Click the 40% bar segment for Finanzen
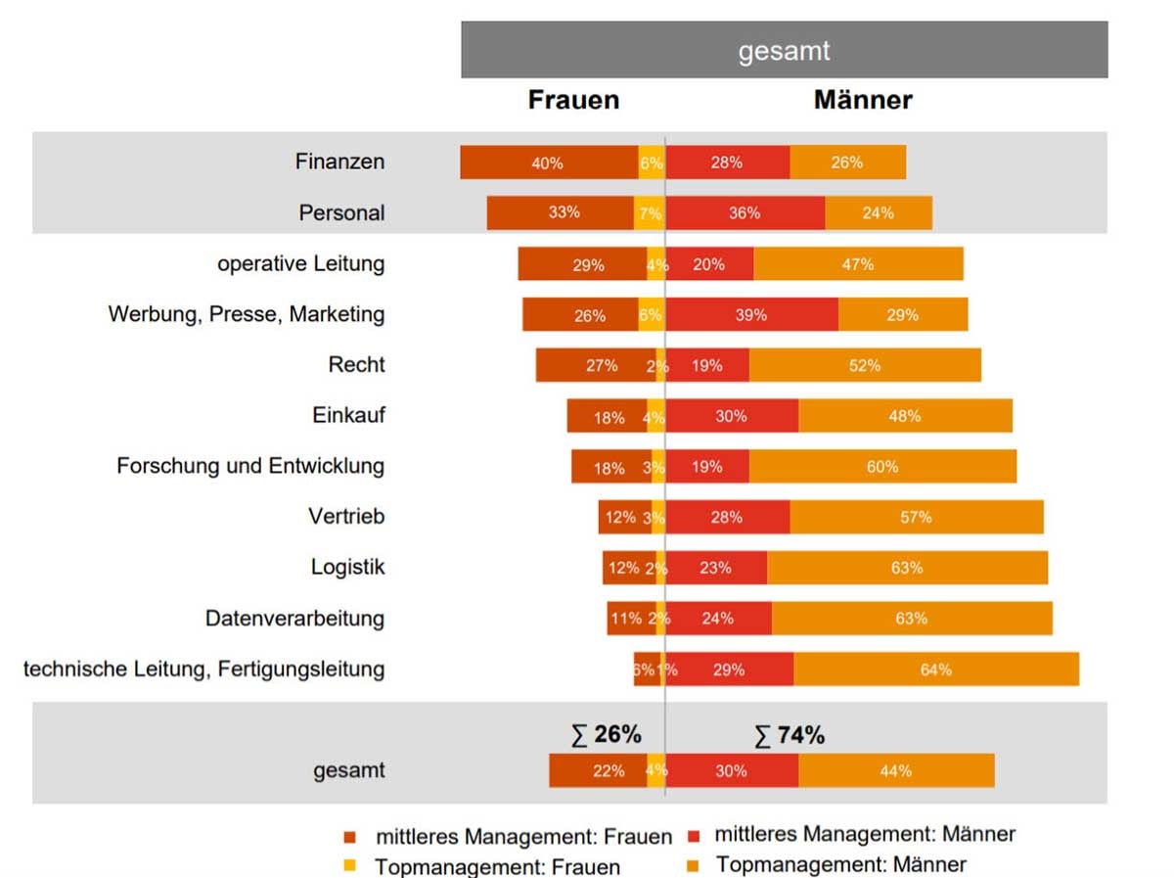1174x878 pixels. (548, 162)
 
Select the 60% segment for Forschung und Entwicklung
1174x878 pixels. (882, 467)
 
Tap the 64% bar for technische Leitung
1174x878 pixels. (935, 670)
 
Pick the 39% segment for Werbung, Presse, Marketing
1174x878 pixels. (751, 315)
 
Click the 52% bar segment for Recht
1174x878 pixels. (865, 365)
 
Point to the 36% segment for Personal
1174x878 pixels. (745, 213)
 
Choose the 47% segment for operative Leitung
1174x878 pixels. (858, 264)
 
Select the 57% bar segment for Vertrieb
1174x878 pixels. (916, 518)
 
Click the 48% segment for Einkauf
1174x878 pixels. (905, 416)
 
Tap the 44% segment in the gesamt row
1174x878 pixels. (896, 770)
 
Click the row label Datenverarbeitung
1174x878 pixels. (294, 619)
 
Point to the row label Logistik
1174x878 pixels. (347, 568)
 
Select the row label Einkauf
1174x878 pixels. (348, 415)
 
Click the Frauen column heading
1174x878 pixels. (573, 100)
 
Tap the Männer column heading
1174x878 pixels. (863, 100)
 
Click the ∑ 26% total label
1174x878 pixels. (606, 734)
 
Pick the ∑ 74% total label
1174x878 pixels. (789, 734)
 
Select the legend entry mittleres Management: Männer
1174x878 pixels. (865, 835)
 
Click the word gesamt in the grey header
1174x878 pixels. (784, 51)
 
